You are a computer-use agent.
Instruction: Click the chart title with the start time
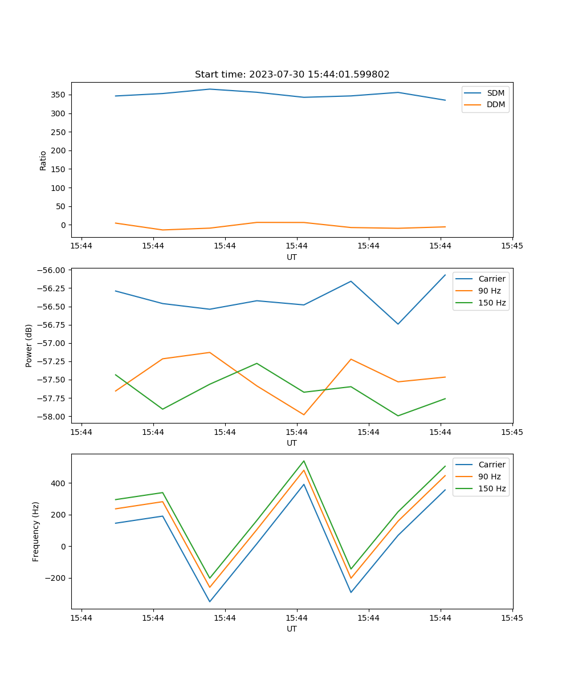coord(292,75)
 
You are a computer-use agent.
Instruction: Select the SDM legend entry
coord(495,93)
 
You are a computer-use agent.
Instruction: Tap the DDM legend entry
coord(495,104)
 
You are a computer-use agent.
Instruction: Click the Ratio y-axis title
coord(43,160)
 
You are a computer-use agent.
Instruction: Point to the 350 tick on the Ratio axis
coord(59,95)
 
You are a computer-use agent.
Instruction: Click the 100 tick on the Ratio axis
coord(59,188)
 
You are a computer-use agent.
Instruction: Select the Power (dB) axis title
coord(29,345)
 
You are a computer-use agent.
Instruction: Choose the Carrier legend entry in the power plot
coord(491,279)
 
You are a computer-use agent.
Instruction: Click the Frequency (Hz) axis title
coord(36,531)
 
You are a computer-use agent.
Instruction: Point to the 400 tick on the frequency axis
coord(59,483)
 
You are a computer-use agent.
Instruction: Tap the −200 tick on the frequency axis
coord(57,578)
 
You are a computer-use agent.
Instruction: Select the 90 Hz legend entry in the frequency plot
coord(489,477)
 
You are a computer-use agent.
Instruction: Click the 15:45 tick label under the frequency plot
coord(512,618)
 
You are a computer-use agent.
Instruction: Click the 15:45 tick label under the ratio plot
coord(512,246)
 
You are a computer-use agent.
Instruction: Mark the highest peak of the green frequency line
coord(304,461)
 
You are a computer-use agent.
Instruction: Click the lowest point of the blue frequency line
coord(209,601)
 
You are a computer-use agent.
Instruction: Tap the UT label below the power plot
coord(292,443)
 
